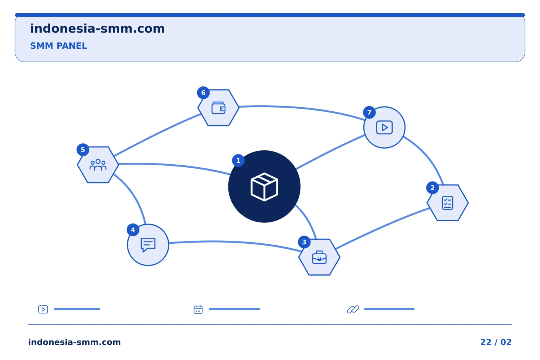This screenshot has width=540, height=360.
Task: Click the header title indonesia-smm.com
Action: (97, 29)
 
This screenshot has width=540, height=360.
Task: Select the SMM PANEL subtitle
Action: (58, 46)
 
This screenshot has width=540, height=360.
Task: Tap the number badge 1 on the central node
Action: (238, 160)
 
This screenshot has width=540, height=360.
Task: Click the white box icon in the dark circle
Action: (264, 187)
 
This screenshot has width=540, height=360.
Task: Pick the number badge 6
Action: (203, 93)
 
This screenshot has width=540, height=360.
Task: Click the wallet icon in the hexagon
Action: (218, 108)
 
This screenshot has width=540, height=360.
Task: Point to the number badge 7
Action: (369, 112)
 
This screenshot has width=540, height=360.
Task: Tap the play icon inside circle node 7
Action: (384, 127)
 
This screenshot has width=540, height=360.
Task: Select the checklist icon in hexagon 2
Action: (447, 203)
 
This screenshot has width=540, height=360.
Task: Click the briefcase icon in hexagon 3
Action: (319, 257)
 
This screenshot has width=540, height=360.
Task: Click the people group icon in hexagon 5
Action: (98, 165)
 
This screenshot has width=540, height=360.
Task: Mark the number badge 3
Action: (304, 242)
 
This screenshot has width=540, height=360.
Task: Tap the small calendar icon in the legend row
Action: (198, 309)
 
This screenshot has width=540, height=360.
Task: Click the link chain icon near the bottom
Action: (353, 309)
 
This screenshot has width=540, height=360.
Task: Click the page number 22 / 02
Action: (496, 342)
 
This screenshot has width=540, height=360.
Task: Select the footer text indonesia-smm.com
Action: (75, 342)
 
